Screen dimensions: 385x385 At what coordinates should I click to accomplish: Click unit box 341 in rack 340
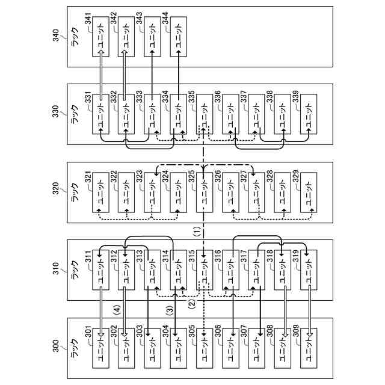click(100, 37)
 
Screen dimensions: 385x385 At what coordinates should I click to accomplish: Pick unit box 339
click(309, 114)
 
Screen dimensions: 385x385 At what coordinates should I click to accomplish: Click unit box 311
click(100, 270)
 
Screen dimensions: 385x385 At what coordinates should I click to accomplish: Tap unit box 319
click(309, 270)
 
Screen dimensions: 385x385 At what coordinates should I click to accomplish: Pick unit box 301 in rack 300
click(100, 348)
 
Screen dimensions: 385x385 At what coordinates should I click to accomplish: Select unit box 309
click(309, 348)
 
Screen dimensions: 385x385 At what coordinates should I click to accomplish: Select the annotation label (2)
click(192, 304)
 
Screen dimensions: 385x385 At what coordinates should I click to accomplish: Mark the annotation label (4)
click(117, 310)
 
